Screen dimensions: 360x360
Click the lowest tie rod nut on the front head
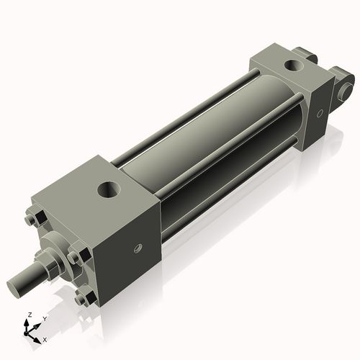[x=85, y=295]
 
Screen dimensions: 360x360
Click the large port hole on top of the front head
[x=108, y=192]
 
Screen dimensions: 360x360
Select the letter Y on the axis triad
[x=44, y=318]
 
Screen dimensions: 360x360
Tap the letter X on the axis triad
[x=45, y=338]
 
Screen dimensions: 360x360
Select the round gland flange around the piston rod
[x=58, y=248]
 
